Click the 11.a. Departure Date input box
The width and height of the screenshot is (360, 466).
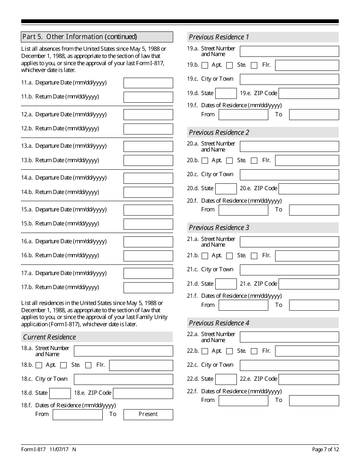click(148, 83)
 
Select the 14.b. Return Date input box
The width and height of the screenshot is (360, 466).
click(148, 192)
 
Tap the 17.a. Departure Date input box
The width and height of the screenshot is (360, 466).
click(148, 273)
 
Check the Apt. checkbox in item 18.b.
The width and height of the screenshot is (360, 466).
click(39, 365)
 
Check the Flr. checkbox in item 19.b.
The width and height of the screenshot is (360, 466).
click(254, 65)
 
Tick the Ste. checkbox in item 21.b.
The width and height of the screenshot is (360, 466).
click(229, 256)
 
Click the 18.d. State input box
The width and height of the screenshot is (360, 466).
click(60, 393)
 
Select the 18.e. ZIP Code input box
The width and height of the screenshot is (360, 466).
click(143, 393)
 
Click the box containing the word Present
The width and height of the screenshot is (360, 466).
click(148, 414)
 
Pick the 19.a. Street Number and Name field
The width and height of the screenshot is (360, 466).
click(289, 51)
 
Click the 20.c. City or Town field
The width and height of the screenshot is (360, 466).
click(289, 175)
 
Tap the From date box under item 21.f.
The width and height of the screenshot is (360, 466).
click(243, 305)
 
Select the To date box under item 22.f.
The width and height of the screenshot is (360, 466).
click(314, 400)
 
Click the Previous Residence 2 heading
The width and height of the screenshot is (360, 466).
click(219, 132)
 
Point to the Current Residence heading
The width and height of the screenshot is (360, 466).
click(49, 337)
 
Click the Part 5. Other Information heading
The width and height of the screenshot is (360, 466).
click(80, 37)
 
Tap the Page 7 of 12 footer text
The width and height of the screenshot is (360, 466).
click(325, 449)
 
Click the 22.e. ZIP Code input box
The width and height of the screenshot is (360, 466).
click(308, 379)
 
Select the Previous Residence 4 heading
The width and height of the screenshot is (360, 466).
click(219, 323)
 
